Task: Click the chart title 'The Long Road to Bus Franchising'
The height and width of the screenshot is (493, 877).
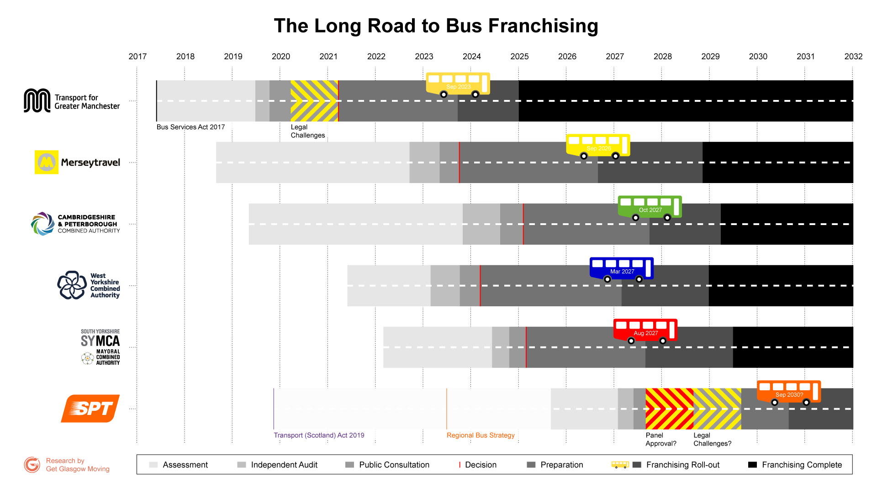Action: [x=436, y=26]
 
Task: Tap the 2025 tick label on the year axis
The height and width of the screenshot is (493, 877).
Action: [x=519, y=57]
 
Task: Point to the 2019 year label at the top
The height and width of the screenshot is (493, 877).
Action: [x=233, y=57]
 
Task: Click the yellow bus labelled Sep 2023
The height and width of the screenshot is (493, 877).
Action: [x=458, y=84]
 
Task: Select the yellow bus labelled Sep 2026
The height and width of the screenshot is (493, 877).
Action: [x=598, y=146]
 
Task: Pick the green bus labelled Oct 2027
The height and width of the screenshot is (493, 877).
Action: [x=650, y=208]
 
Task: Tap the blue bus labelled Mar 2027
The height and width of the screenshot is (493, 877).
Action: [x=621, y=269]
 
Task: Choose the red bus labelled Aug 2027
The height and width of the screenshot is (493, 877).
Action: [x=645, y=331]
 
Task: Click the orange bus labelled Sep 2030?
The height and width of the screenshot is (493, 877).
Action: [x=789, y=393]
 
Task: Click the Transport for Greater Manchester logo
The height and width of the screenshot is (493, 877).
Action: [x=72, y=101]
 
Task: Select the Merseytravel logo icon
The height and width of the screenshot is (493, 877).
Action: [x=47, y=162]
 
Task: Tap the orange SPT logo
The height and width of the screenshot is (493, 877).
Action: [x=90, y=409]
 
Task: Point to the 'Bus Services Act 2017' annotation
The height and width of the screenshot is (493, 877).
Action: [x=190, y=127]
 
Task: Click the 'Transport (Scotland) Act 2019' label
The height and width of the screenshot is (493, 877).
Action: [x=319, y=435]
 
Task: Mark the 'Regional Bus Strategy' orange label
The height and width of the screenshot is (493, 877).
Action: [x=481, y=435]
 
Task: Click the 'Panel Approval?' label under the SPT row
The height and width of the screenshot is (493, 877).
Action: [x=660, y=440]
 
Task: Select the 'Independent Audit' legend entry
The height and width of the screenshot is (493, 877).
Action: [x=284, y=465]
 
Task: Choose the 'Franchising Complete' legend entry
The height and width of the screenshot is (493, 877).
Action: [x=802, y=465]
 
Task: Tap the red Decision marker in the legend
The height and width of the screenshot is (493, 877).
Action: [x=460, y=465]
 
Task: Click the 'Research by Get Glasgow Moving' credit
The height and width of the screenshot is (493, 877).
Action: [x=77, y=465]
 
